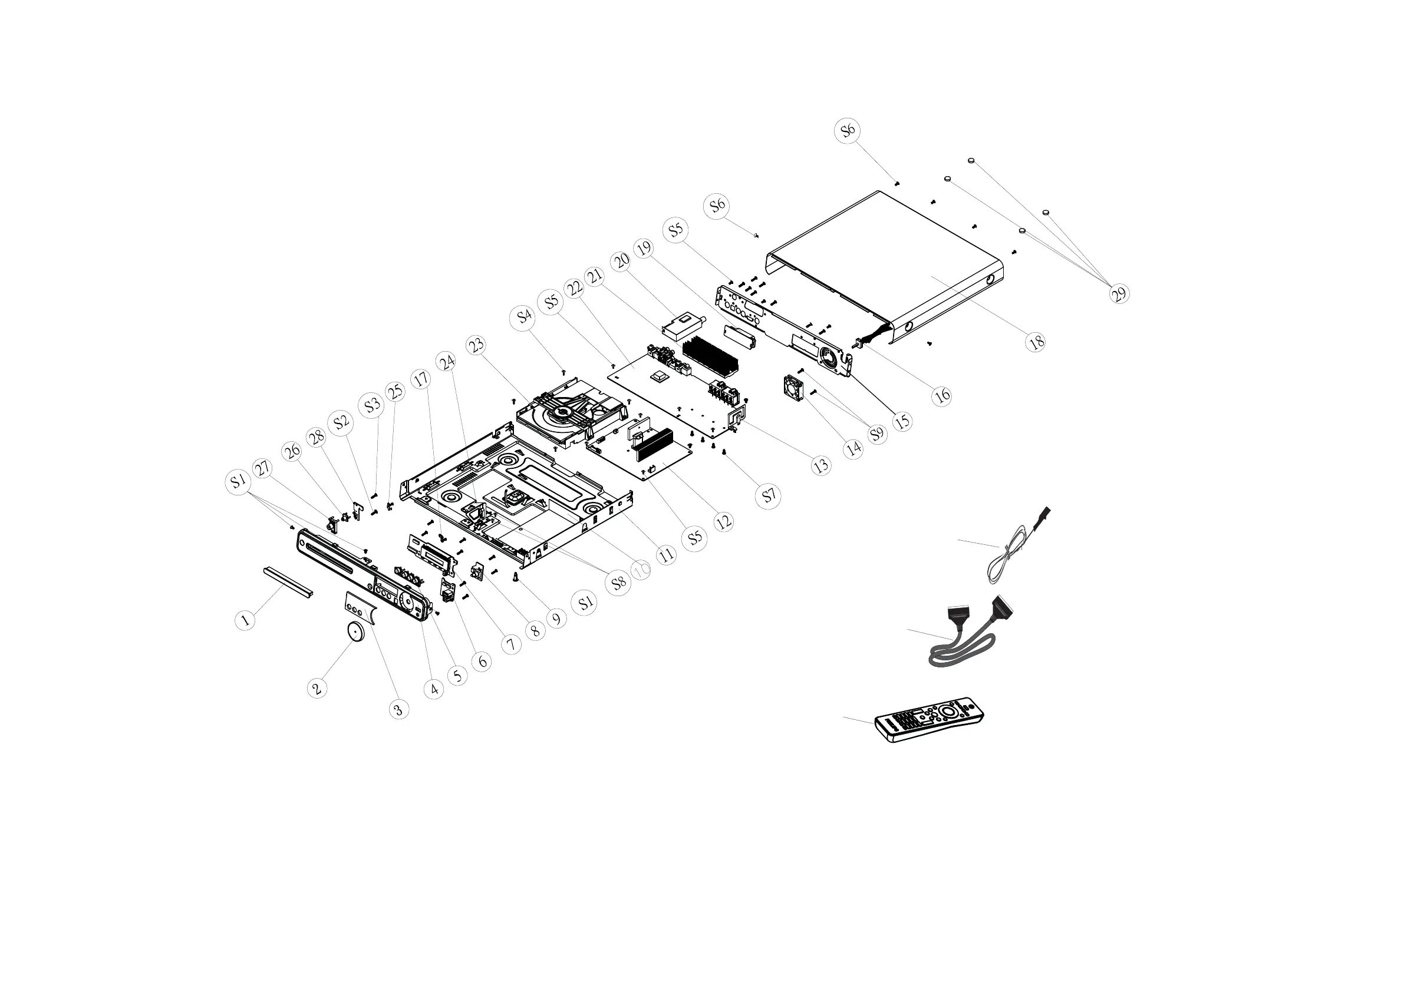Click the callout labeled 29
pyautogui.click(x=1119, y=294)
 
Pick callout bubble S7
pyautogui.click(x=769, y=495)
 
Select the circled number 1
pyautogui.click(x=245, y=620)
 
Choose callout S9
pyautogui.click(x=877, y=434)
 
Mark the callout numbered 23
pyautogui.click(x=476, y=345)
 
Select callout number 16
pyautogui.click(x=942, y=396)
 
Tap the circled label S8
pyautogui.click(x=619, y=583)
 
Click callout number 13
pyautogui.click(x=821, y=466)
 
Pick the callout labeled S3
pyautogui.click(x=372, y=405)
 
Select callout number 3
pyautogui.click(x=398, y=709)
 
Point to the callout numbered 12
pyautogui.click(x=723, y=522)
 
